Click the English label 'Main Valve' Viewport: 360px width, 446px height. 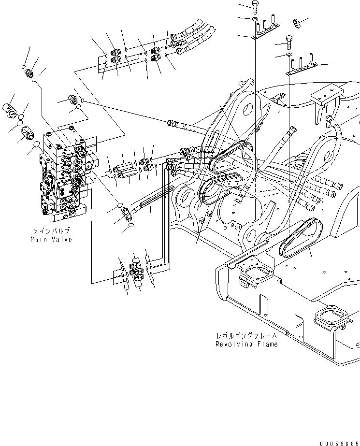click(x=51, y=239)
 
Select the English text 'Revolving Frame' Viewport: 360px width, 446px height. click(x=246, y=344)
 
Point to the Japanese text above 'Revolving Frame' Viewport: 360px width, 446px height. click(x=246, y=335)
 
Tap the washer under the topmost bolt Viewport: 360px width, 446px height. click(x=255, y=19)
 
